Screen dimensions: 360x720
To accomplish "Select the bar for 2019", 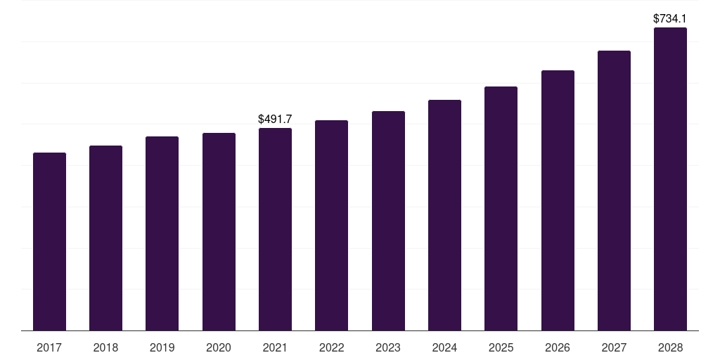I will click(162, 233).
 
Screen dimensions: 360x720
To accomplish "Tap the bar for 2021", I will click(275, 229).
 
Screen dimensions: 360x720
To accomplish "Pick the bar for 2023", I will click(388, 221).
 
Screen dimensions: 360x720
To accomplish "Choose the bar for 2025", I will click(501, 208).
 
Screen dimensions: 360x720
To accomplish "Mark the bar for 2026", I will click(558, 200).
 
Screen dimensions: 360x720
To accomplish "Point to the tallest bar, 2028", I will click(670, 179).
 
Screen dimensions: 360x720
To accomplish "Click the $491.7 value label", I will click(275, 120).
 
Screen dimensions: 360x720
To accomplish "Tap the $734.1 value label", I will click(670, 18).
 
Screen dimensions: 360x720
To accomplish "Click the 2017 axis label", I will click(49, 347).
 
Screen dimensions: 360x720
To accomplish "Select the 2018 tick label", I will click(105, 347).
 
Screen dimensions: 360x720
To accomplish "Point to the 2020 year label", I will click(219, 347).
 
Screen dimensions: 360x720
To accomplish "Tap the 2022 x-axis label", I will click(331, 347).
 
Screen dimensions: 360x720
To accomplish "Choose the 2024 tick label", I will click(444, 347).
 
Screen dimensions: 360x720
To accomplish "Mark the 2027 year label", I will click(614, 347).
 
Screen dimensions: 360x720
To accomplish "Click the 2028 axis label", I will click(670, 347).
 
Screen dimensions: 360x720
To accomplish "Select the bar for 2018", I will click(105, 238).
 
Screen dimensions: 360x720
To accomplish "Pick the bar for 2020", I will click(219, 231).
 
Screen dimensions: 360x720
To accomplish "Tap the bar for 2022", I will click(331, 225).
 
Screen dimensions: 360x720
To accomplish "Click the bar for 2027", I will click(614, 191).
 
